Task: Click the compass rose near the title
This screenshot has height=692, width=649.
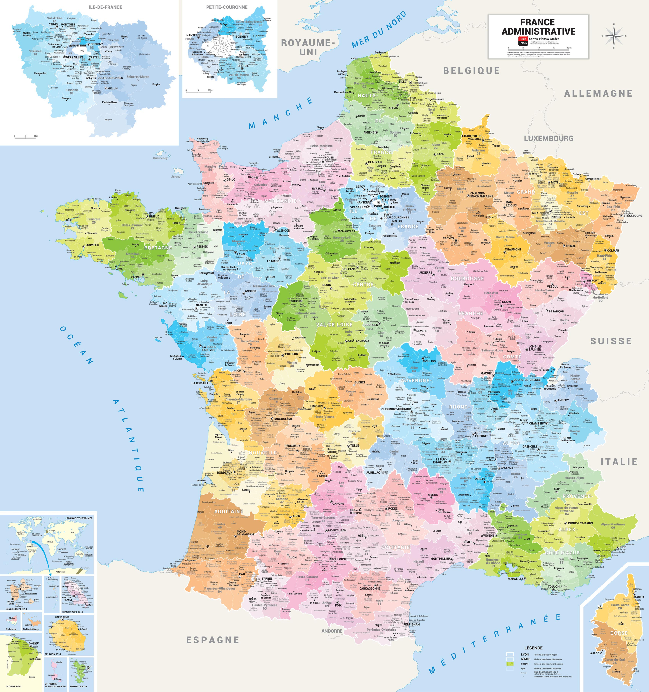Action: (614, 36)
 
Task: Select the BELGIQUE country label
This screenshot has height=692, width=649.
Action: (471, 71)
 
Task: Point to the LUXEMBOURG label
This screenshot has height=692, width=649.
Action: (548, 138)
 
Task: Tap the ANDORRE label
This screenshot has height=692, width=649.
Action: (332, 631)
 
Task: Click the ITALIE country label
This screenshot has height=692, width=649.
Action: (619, 462)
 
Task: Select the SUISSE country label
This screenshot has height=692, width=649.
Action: (611, 341)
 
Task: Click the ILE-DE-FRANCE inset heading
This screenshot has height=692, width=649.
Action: (105, 7)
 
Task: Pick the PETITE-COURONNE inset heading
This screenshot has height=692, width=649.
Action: (227, 7)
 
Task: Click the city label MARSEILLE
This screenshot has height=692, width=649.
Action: (516, 578)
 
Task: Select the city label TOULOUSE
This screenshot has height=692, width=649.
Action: (339, 559)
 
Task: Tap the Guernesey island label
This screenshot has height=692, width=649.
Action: (160, 158)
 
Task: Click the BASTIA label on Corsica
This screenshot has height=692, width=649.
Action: (639, 597)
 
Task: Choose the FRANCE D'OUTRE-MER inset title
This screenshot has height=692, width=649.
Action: (80, 518)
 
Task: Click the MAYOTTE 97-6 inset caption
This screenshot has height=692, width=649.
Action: (78, 686)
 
